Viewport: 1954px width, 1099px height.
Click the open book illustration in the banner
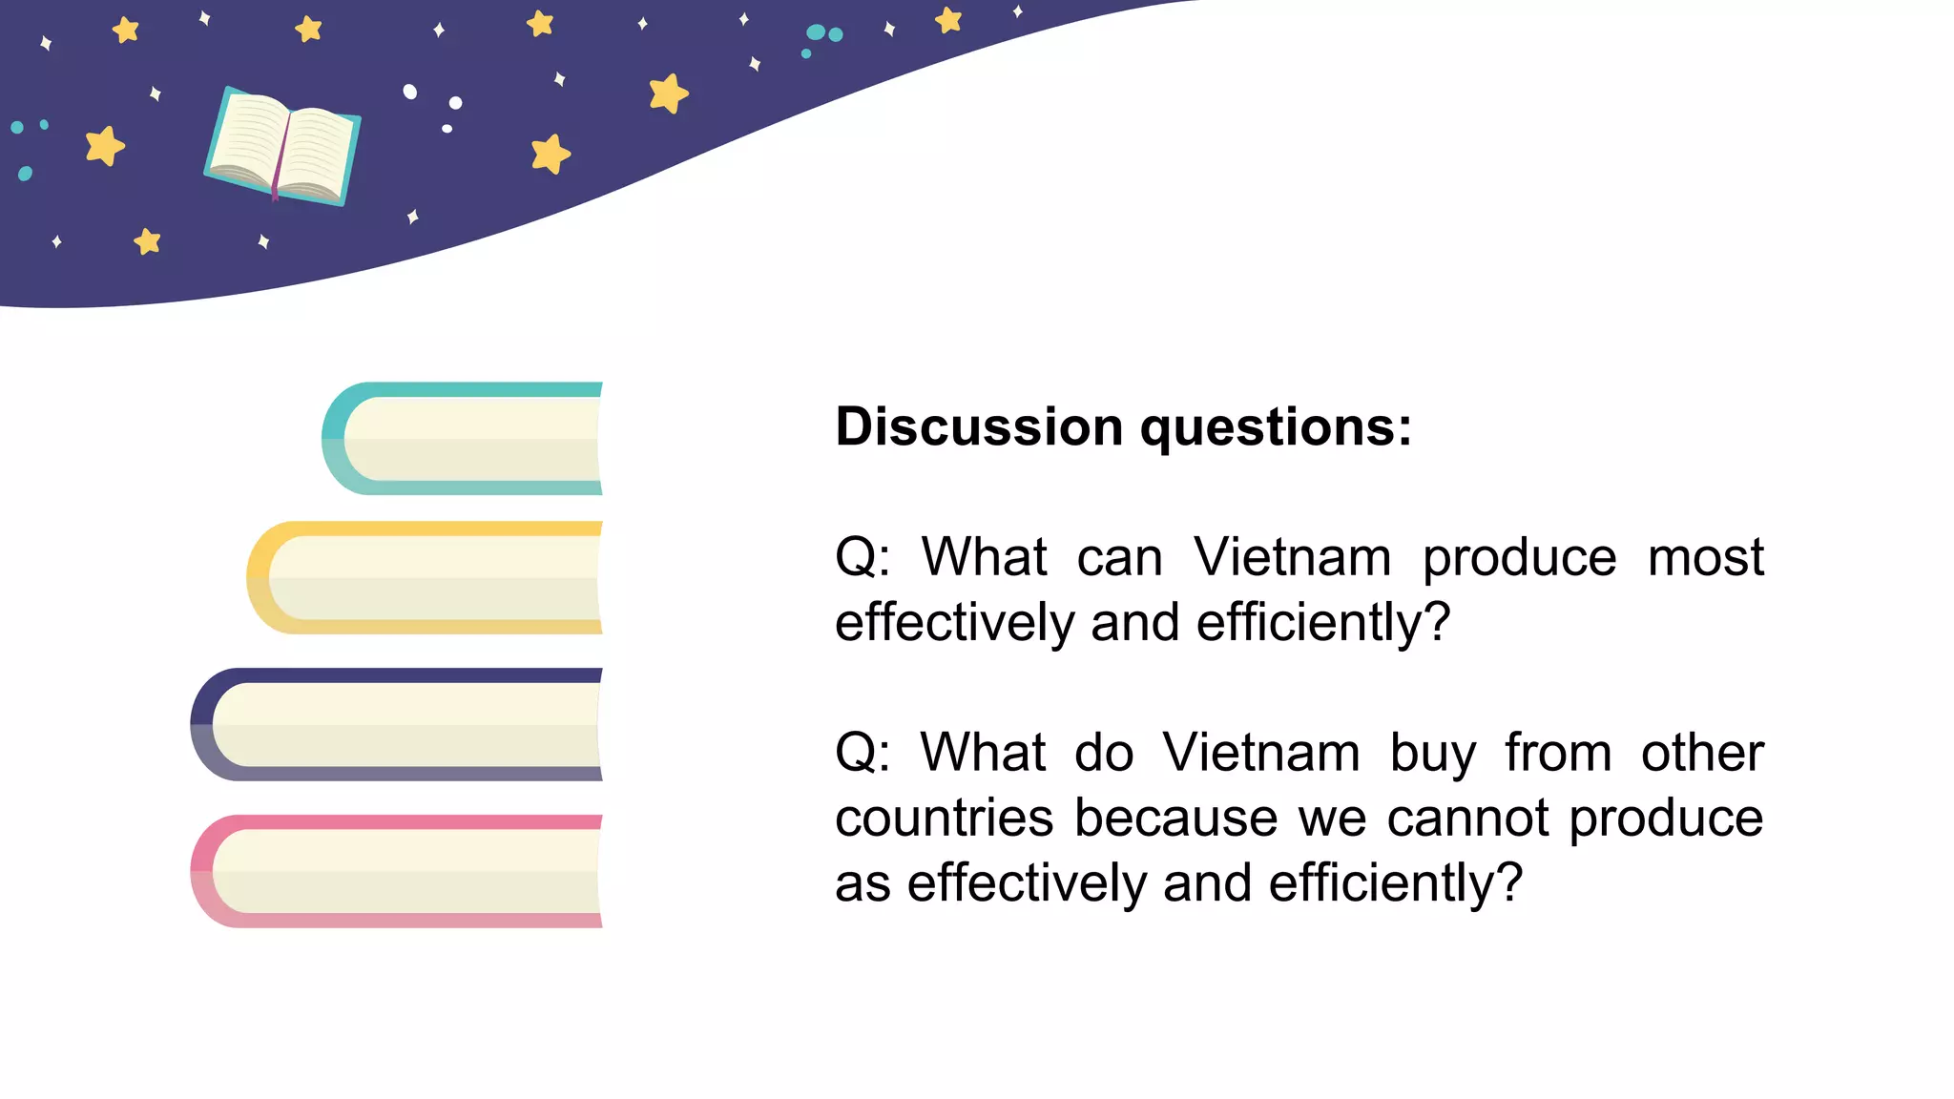[282, 145]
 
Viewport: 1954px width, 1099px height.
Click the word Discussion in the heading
[979, 426]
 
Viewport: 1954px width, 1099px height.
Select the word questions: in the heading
[1276, 428]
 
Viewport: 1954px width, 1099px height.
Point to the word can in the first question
[1119, 557]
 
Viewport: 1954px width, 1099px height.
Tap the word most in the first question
[1705, 557]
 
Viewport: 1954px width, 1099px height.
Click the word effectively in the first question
[954, 622]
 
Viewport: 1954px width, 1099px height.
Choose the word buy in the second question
[1433, 754]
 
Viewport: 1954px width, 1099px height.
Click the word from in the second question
[1558, 753]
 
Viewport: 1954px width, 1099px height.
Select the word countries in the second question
[944, 819]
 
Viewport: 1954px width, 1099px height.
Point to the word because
[1175, 819]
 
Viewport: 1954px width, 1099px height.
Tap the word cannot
[1467, 819]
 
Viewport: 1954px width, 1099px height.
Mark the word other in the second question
[1702, 753]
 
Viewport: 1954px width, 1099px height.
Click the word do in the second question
[1104, 753]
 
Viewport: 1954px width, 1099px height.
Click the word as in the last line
[863, 884]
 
